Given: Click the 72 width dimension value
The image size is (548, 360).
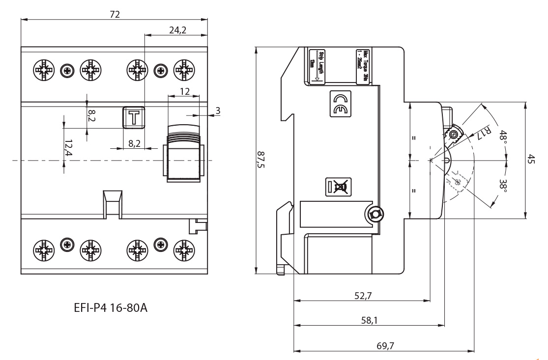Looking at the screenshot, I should point(115,14).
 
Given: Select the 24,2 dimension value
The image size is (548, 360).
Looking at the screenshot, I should point(177,30).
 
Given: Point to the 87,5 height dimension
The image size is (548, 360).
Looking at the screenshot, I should point(260,160).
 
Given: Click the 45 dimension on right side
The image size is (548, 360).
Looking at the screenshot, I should point(531,160).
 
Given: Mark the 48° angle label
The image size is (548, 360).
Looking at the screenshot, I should point(502,136).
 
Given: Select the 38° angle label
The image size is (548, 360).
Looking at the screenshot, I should point(502,185).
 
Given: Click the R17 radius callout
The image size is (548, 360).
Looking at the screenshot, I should point(486,131).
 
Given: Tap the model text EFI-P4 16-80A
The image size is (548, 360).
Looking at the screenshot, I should point(110,308).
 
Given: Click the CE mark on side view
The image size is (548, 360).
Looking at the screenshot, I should point(340,104).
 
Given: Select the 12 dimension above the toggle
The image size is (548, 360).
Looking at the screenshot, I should point(184,91).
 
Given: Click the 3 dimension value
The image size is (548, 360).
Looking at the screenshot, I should point(217,110).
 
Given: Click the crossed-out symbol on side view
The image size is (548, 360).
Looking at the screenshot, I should point(339,187).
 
